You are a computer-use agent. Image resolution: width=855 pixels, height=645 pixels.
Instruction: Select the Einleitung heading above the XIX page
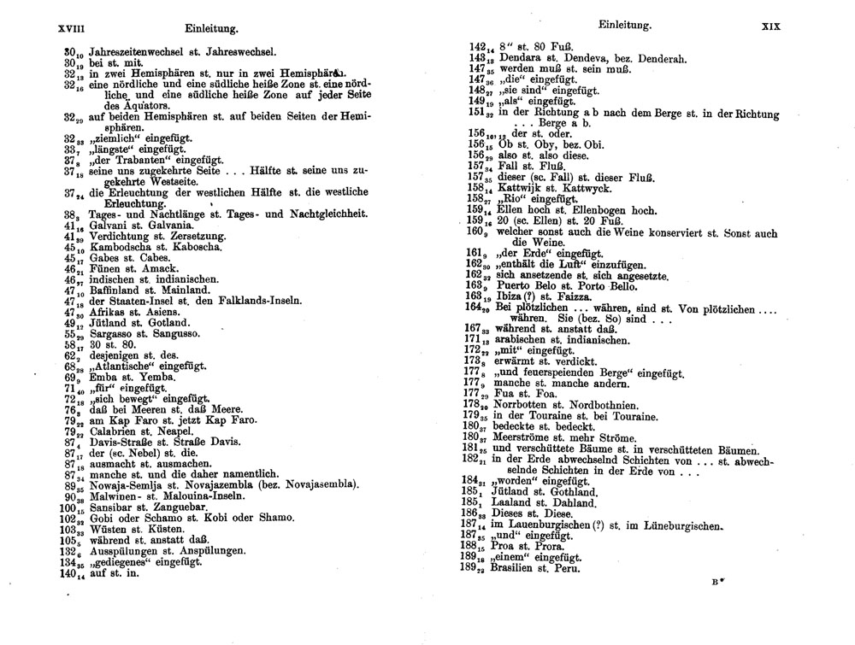point(625,26)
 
